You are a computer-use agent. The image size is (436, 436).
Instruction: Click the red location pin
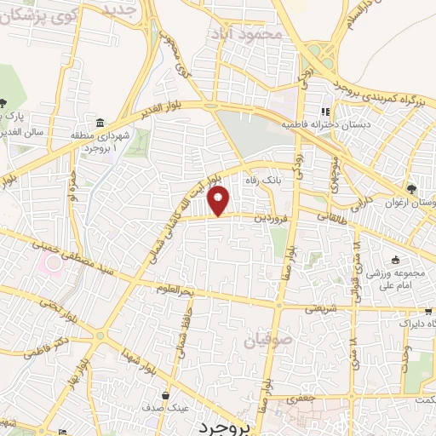coord(219,201)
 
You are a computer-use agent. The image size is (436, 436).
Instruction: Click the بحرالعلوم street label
coord(178,289)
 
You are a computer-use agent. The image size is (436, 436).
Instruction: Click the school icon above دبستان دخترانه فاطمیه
coord(324,111)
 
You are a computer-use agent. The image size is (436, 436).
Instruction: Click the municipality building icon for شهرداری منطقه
coord(100,122)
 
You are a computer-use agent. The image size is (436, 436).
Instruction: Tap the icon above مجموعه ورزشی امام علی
coord(394,261)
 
